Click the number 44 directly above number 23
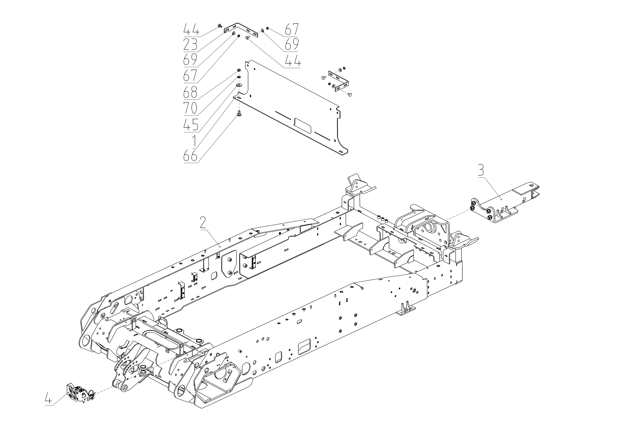click(191, 29)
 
